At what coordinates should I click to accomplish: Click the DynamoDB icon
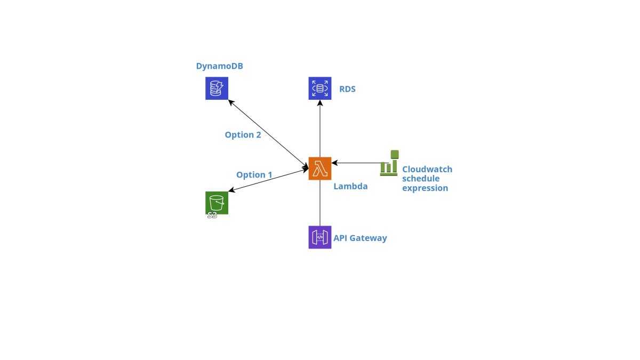217,88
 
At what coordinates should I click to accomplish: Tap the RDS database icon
319,88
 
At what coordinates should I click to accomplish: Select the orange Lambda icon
319,169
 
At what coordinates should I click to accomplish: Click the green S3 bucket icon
217,202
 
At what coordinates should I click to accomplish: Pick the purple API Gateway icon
319,237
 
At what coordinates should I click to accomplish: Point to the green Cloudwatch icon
389,163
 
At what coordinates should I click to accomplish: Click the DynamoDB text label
220,66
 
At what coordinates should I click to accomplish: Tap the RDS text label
347,89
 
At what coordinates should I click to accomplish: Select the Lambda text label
350,186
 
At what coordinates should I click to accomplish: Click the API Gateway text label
360,238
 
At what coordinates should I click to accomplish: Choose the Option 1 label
254,174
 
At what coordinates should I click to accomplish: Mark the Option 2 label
243,134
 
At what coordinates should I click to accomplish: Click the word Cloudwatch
427,169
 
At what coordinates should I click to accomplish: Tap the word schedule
421,179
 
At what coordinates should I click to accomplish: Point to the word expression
425,188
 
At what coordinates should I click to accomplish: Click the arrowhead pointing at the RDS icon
319,103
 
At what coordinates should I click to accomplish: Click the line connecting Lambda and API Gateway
319,203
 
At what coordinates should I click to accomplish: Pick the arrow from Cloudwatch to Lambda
357,163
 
